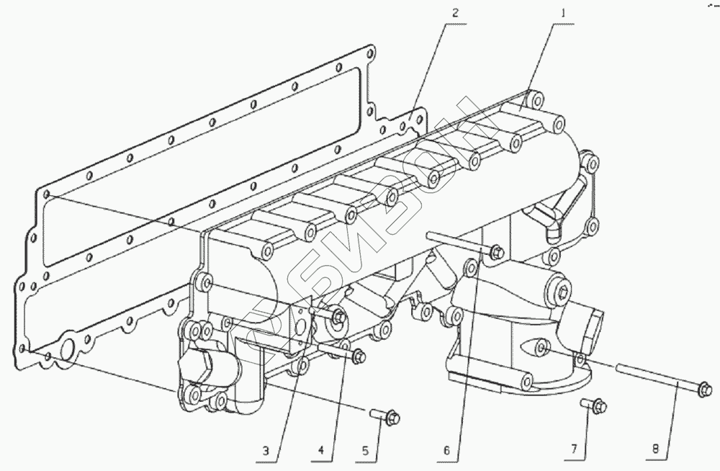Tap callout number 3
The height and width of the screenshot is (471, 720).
(x=266, y=452)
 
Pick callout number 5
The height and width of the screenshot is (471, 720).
(x=365, y=452)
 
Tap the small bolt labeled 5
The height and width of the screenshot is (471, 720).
(x=386, y=415)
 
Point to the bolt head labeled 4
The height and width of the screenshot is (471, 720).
(x=359, y=355)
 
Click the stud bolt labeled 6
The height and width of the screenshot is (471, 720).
(x=461, y=243)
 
